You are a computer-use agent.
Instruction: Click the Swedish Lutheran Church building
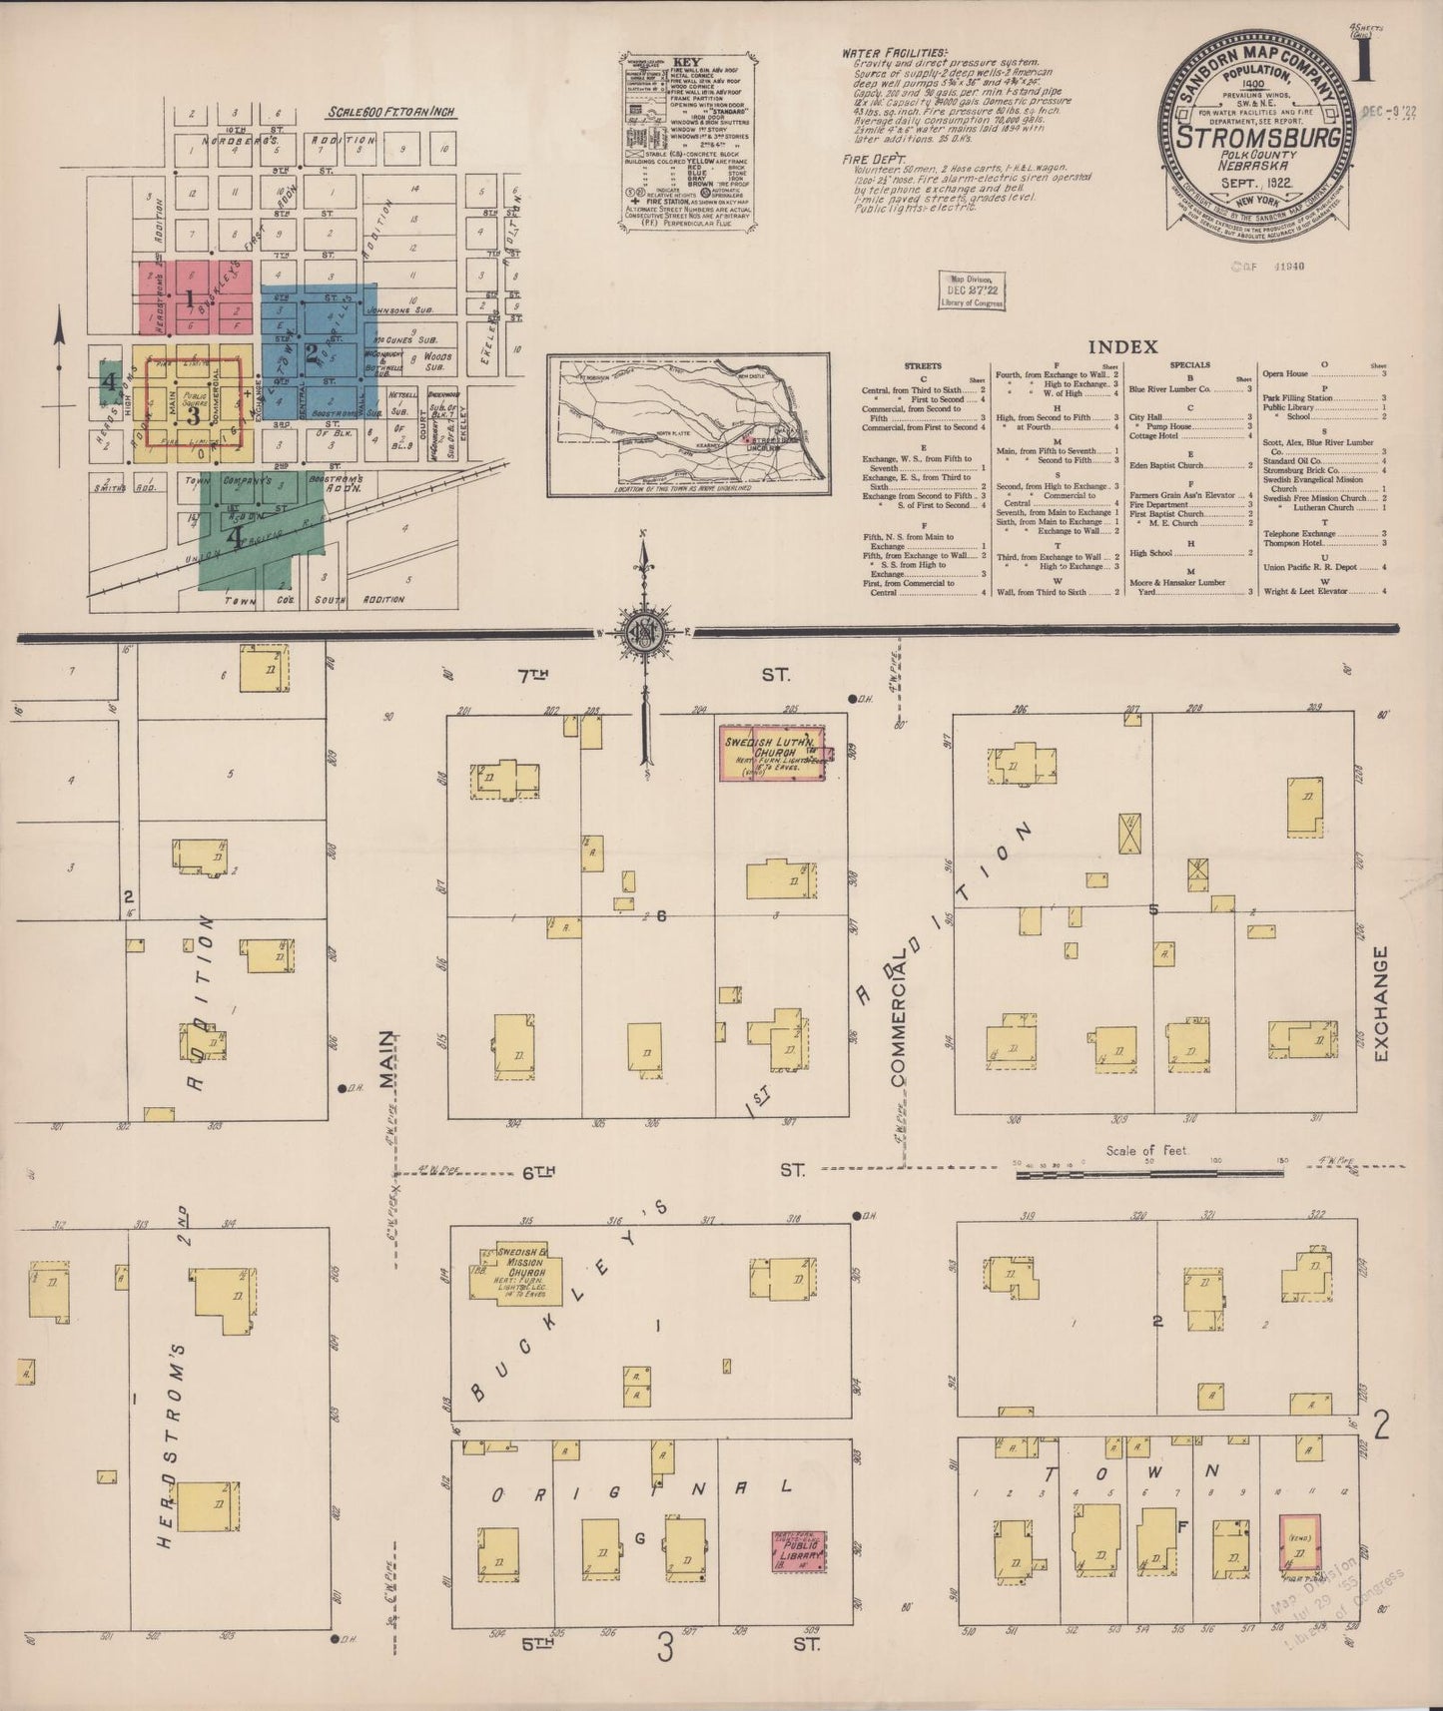click(773, 752)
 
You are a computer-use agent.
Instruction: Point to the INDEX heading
click(1122, 347)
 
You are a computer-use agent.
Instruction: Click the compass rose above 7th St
click(644, 630)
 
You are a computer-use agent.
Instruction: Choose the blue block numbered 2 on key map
click(313, 351)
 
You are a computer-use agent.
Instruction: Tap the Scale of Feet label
click(1145, 1150)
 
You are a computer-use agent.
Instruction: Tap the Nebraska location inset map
click(688, 424)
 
